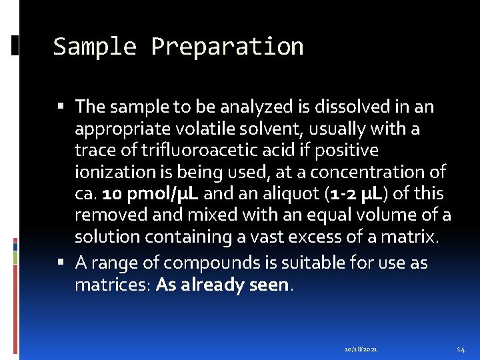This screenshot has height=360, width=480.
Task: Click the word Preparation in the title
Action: pos(227,47)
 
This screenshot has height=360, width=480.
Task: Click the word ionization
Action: pos(111,172)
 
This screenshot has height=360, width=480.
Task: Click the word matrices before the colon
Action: pos(112,285)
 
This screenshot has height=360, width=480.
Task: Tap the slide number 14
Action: pos(461,349)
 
